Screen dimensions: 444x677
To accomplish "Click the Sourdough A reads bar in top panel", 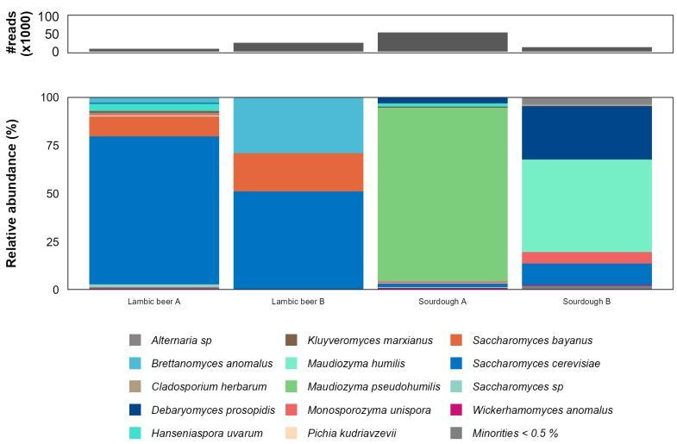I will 442,41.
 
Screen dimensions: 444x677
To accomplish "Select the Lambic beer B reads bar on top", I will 298,47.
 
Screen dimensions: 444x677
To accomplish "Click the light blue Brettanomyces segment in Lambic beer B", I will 298,125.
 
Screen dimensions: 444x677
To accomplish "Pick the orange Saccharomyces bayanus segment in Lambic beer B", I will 298,172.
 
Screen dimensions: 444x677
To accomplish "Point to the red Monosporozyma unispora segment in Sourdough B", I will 587,258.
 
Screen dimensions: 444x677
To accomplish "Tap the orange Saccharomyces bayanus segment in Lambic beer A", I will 154,126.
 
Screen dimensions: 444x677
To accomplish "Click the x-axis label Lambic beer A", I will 154,302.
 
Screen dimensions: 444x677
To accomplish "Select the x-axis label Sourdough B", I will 587,302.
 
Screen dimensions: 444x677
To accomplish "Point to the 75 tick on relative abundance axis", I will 51,146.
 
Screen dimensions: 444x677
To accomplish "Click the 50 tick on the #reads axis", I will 51,34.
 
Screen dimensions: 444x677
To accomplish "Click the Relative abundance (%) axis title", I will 12,193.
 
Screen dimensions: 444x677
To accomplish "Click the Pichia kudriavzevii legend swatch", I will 291,434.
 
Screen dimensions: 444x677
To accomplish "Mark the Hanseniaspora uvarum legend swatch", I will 135,434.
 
